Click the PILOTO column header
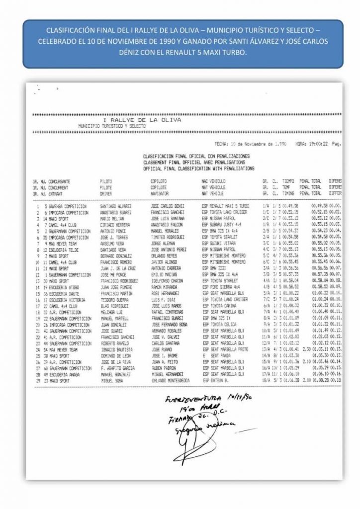pos(106,182)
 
